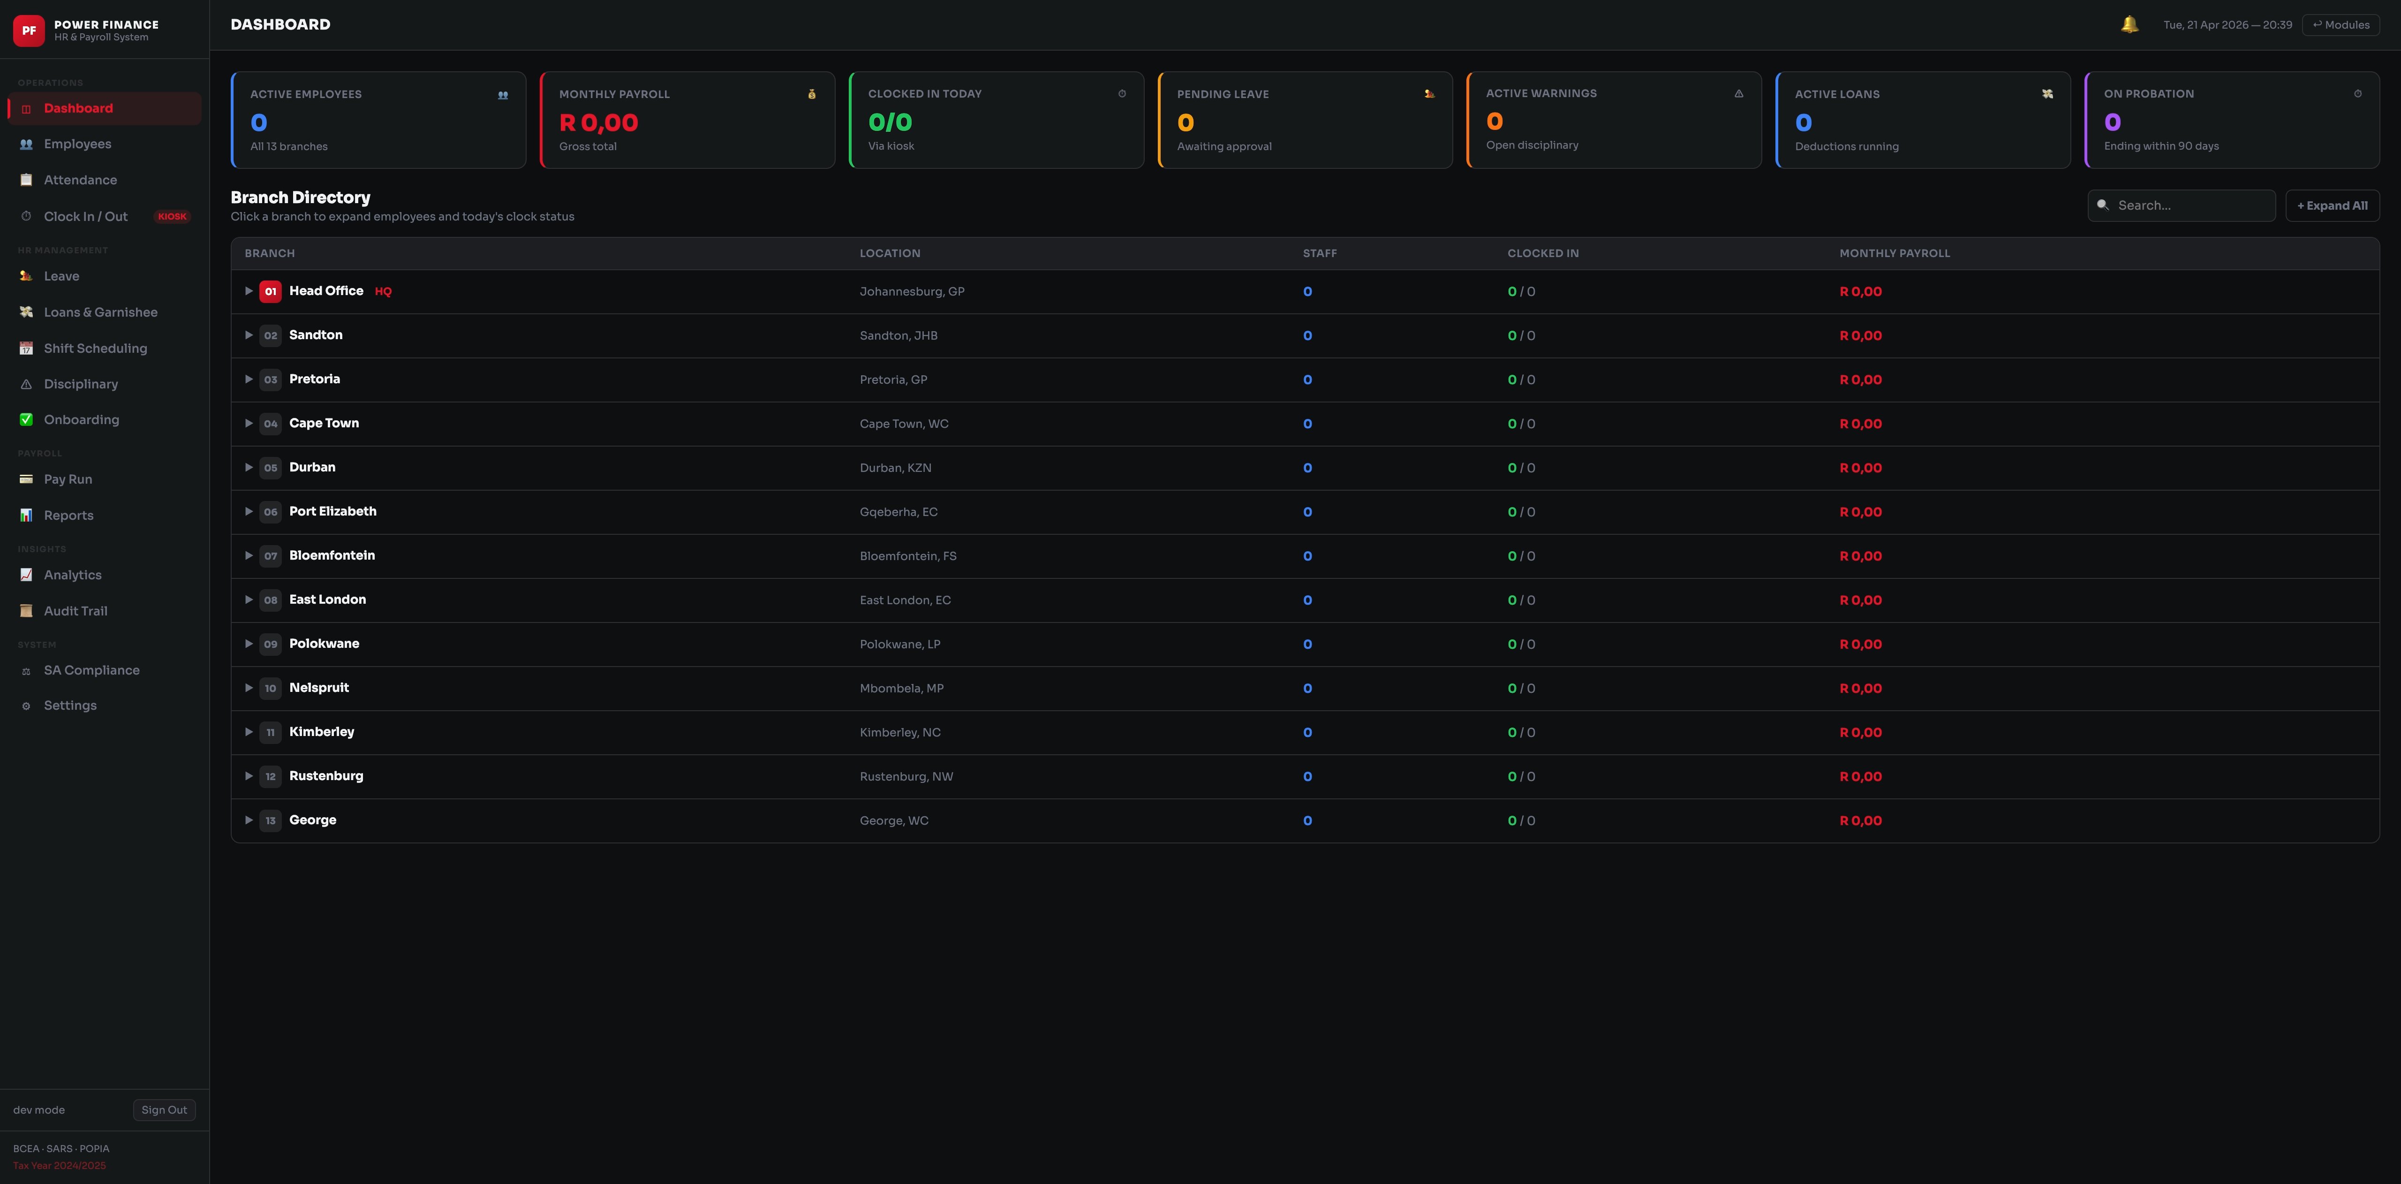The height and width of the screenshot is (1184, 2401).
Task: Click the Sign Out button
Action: tap(164, 1109)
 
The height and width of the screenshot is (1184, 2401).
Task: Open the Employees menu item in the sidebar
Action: tap(77, 144)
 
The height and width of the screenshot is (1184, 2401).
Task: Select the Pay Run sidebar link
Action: tap(68, 479)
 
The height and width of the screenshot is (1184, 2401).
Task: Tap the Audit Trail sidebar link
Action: tap(76, 611)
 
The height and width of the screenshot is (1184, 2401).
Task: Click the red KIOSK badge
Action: tap(173, 216)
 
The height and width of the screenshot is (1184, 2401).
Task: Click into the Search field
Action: tap(2190, 205)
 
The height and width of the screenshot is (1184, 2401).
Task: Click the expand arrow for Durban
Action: tap(249, 467)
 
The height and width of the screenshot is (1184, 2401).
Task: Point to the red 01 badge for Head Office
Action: tap(270, 291)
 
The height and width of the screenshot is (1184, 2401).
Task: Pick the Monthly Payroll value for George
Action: tap(1860, 820)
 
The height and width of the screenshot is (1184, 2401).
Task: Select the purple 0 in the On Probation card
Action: tap(2112, 122)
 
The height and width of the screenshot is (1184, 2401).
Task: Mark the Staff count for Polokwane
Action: tap(1307, 644)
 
